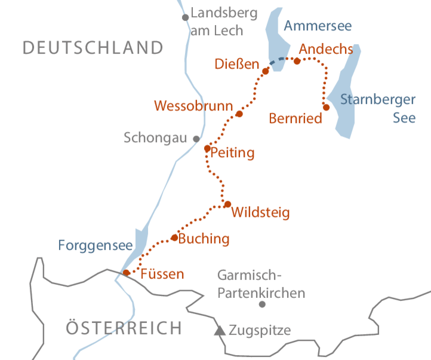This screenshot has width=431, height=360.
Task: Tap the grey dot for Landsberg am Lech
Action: [x=186, y=17]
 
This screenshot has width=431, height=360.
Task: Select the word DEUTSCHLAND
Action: [x=93, y=48]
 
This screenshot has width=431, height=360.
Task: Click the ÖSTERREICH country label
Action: [x=124, y=328]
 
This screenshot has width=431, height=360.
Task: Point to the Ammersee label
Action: [x=317, y=26]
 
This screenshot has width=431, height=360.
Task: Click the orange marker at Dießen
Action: [x=266, y=70]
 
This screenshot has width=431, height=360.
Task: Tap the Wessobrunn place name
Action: [x=193, y=106]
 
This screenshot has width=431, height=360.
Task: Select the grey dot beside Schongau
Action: [x=196, y=139]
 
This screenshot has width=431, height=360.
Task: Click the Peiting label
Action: [x=232, y=153]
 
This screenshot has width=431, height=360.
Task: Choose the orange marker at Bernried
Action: [x=326, y=107]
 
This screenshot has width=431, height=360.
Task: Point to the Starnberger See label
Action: [x=378, y=108]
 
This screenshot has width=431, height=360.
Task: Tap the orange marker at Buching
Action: [x=174, y=237]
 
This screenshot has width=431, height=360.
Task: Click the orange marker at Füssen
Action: [x=127, y=272]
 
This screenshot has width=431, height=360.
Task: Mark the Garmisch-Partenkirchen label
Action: [x=261, y=284]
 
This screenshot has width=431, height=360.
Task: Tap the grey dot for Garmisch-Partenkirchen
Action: [x=261, y=304]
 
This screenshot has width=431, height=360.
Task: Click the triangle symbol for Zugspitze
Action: [x=220, y=329]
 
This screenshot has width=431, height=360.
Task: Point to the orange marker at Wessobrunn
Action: [x=239, y=113]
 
